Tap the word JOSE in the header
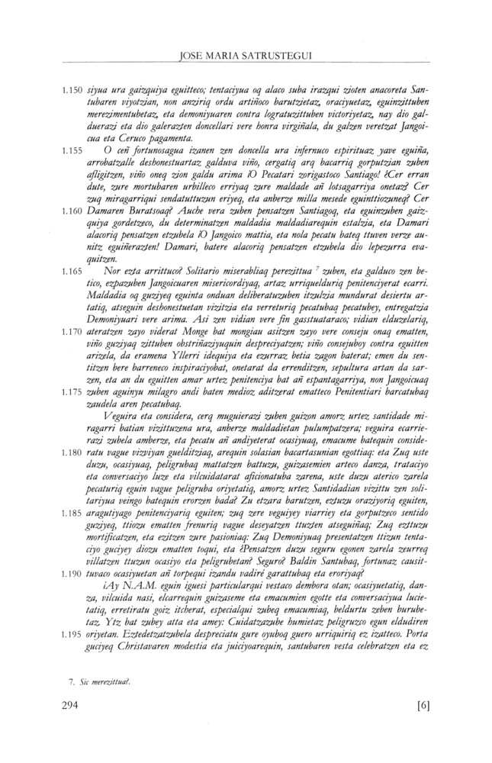pyautogui.click(x=190, y=34)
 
